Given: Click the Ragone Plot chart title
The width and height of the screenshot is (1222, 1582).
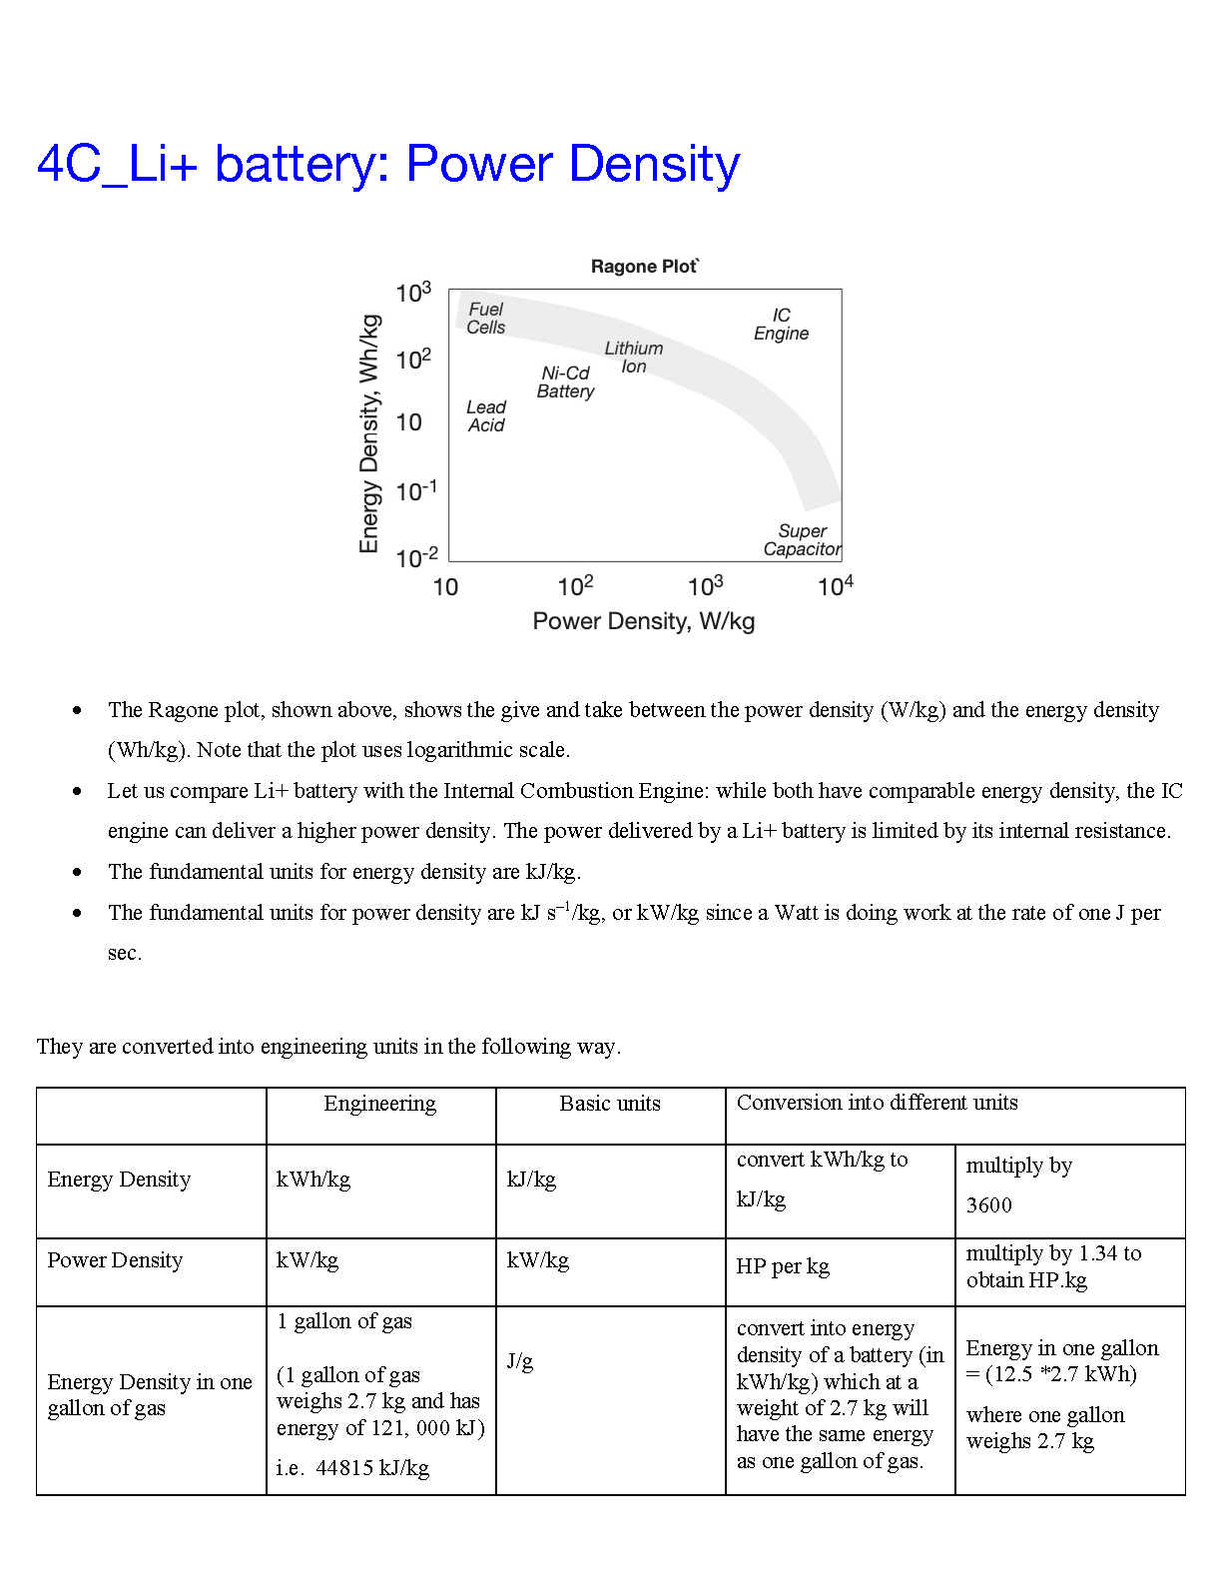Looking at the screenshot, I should (x=644, y=267).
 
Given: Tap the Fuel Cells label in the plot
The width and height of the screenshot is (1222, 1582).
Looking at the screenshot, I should (x=486, y=319).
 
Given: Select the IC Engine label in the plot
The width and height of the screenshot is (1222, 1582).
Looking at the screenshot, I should (x=781, y=325).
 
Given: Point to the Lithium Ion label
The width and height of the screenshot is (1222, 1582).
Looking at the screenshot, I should (x=633, y=358).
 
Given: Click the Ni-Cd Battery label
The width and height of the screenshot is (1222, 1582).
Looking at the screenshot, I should (x=565, y=383).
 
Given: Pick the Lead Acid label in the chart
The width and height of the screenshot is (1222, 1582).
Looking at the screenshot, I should (x=486, y=416).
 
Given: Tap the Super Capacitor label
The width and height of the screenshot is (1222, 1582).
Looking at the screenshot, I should (x=803, y=540).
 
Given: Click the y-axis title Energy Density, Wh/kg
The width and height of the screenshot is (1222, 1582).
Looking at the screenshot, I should (x=369, y=433).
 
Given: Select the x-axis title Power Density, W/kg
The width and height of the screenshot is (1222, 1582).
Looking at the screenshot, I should (x=643, y=621).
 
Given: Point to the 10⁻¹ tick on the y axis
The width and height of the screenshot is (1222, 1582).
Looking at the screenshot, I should (x=416, y=491).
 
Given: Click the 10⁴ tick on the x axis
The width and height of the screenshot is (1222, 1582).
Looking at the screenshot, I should (x=835, y=586).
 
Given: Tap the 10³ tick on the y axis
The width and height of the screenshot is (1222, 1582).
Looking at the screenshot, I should (x=413, y=293).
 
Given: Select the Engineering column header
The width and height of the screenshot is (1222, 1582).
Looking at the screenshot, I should (x=380, y=1104).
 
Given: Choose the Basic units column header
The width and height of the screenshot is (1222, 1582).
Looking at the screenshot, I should (x=610, y=1104).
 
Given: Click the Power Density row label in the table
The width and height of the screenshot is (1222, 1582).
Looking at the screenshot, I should (x=115, y=1260).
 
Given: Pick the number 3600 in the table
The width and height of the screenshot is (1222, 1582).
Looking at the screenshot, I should (x=989, y=1205).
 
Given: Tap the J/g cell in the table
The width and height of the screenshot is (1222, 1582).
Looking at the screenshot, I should (x=520, y=1361).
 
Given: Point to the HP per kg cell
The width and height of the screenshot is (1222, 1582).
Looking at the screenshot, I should (x=783, y=1266).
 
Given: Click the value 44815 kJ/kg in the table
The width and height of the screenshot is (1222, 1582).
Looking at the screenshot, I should (x=372, y=1468).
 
